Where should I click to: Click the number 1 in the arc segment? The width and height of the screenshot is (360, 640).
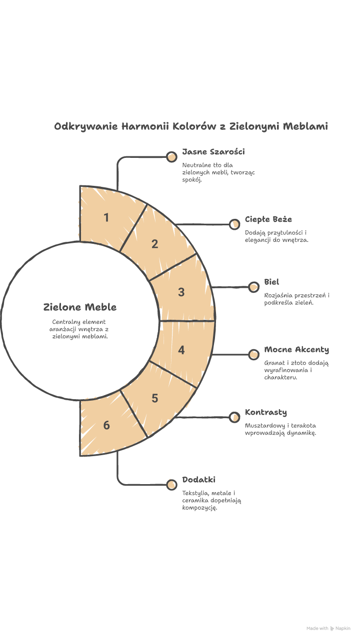(x=106, y=218)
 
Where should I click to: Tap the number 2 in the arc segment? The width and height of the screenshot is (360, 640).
(x=154, y=244)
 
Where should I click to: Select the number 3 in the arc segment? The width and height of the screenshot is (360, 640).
(x=181, y=292)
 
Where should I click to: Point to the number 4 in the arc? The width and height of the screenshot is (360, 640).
(x=181, y=350)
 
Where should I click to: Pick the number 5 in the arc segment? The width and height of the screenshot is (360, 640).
(x=154, y=398)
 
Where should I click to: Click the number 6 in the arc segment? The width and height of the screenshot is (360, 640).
(x=106, y=425)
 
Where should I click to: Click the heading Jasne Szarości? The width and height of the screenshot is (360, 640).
(x=213, y=152)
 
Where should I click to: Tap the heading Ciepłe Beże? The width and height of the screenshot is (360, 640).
(x=268, y=219)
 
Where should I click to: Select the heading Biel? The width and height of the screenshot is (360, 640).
(x=271, y=282)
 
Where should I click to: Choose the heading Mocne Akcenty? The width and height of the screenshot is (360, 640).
(x=296, y=350)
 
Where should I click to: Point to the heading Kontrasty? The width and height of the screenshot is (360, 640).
(x=266, y=412)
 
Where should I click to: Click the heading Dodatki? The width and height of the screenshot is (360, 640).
(x=198, y=480)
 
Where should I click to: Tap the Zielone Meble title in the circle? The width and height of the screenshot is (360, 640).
(x=80, y=307)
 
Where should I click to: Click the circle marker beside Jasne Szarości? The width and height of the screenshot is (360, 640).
(x=171, y=157)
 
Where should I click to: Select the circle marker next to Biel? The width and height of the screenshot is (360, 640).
(x=253, y=287)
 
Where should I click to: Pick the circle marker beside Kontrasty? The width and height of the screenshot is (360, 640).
(x=234, y=418)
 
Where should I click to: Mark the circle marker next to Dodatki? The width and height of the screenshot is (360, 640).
(x=171, y=485)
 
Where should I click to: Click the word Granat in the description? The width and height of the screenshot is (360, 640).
(x=273, y=363)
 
